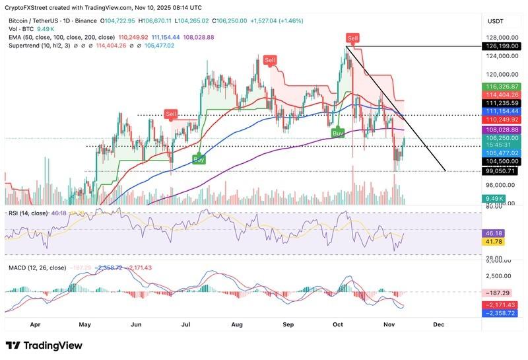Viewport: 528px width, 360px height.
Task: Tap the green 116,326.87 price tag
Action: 502,87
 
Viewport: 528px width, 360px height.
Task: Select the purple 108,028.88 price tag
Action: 502,130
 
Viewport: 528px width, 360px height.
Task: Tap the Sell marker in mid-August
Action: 269,61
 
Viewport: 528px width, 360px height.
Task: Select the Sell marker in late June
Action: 171,114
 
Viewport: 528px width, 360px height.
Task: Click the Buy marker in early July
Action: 197,159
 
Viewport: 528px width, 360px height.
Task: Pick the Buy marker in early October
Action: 337,132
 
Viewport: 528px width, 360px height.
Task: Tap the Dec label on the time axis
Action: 438,325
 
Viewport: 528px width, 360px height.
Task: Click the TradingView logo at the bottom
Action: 44,345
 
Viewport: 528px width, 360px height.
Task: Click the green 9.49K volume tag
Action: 494,198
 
